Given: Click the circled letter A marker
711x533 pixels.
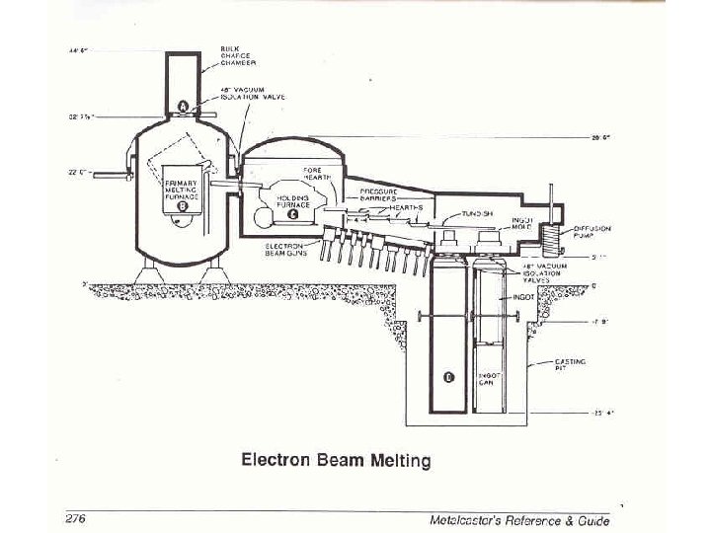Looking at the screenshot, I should (184, 105).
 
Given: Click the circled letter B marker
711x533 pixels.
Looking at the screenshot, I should (183, 206).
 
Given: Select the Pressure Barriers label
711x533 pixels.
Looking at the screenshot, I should (378, 193).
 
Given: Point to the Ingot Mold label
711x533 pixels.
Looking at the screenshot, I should (523, 223).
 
